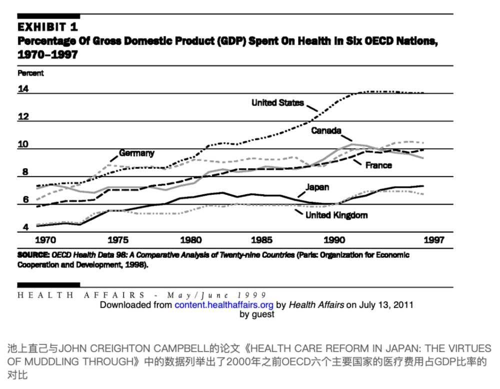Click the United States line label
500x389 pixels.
coord(277,103)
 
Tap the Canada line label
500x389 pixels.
coord(326,131)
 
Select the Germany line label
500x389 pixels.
coord(136,153)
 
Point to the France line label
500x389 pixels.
coord(378,165)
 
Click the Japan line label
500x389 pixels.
coord(317,187)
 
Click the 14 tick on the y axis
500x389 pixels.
coord(23,90)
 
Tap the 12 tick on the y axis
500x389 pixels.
coord(23,117)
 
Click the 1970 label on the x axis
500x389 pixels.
coord(45,240)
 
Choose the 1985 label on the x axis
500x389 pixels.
coord(261,240)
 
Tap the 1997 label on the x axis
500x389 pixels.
coord(432,240)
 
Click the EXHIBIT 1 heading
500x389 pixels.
coord(47,27)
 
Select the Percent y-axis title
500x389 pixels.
coord(30,73)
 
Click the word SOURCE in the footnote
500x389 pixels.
coord(33,255)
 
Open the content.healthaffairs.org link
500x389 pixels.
coord(223,305)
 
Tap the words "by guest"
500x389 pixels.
coord(256,314)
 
